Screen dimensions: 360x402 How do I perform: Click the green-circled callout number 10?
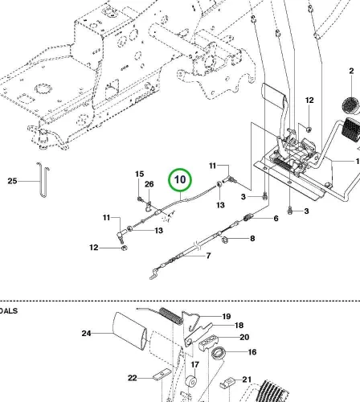(x=180, y=179)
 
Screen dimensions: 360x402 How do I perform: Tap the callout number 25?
(x=12, y=181)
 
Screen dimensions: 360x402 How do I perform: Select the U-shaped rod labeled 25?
(x=43, y=179)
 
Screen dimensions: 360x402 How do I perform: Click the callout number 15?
(x=139, y=174)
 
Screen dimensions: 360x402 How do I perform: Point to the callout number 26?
(x=149, y=184)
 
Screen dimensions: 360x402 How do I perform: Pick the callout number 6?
(x=276, y=219)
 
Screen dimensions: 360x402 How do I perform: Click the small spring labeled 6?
(x=248, y=216)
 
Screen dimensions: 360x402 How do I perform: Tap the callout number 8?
(x=252, y=238)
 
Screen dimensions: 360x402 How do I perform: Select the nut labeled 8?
(x=225, y=240)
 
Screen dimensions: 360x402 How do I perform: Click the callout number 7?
(x=208, y=256)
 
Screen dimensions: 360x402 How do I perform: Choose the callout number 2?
(x=351, y=71)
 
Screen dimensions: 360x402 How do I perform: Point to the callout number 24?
(x=86, y=334)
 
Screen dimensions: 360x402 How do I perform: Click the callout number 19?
(x=227, y=317)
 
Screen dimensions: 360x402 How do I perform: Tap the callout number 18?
(x=239, y=326)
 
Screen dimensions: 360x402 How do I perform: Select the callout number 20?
(x=244, y=337)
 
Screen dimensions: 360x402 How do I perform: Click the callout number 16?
(x=252, y=352)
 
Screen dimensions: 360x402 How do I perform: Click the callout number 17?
(x=195, y=365)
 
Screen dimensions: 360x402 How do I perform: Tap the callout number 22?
(x=133, y=378)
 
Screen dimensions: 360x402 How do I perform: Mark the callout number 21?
(x=247, y=379)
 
